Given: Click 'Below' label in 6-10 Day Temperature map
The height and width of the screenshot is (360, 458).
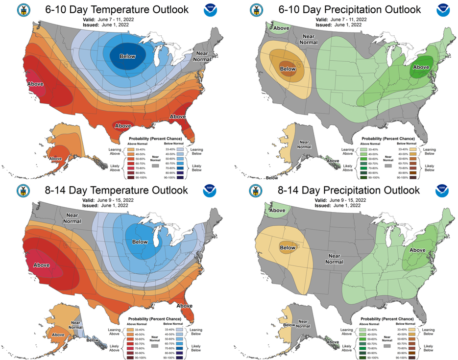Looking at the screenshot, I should click(x=127, y=56).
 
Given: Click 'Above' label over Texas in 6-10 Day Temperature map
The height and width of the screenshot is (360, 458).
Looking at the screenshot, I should click(x=123, y=126).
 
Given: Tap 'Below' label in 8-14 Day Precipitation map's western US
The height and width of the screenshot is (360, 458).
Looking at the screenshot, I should click(x=288, y=247).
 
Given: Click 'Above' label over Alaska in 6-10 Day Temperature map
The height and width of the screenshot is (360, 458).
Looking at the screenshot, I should click(x=55, y=159).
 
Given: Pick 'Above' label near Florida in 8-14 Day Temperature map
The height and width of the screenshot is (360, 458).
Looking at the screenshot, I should click(x=184, y=306).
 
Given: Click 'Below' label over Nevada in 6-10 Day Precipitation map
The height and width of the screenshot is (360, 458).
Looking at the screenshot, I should click(x=288, y=69).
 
